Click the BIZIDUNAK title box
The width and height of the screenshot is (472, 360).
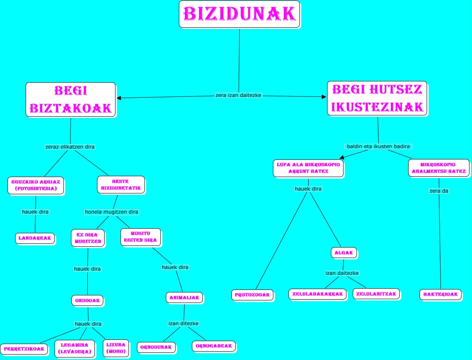pos(239,14)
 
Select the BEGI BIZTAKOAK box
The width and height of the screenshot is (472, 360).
pos(71,100)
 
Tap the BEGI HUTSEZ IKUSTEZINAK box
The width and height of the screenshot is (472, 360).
pos(377,99)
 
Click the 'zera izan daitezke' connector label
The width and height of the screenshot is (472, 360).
pos(238,95)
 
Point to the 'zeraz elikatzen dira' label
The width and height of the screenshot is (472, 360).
pos(70,147)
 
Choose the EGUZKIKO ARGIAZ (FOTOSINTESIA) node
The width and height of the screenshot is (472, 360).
pos(36,185)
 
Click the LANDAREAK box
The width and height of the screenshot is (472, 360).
pos(35,238)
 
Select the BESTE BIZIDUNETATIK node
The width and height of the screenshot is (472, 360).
pos(121,185)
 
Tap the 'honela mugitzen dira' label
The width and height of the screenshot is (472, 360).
pos(112,212)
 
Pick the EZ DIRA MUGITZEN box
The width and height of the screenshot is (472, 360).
pos(88,238)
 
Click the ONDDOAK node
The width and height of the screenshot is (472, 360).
pos(87,300)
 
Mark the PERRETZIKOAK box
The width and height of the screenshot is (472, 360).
pos(24,349)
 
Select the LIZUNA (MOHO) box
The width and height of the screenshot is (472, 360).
pos(116,348)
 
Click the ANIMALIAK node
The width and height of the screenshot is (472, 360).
pos(184,297)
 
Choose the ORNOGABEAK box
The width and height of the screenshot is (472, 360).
pos(213,346)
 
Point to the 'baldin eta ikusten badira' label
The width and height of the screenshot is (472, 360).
pos(378,146)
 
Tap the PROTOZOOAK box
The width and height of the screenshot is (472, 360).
pos(252,295)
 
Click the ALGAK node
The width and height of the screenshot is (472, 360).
pos(344,253)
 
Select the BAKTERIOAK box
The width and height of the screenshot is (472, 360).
pos(441,295)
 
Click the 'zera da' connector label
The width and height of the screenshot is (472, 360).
pos(439,191)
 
